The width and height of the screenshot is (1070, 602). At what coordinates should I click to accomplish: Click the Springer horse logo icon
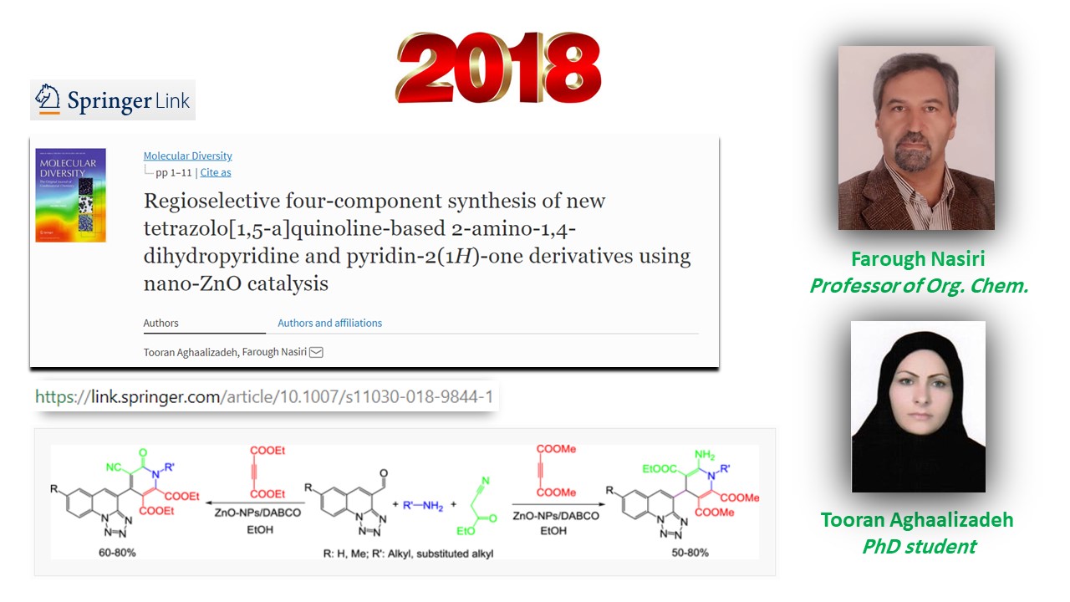coord(48,99)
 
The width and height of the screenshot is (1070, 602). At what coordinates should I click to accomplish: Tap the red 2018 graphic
coord(498,68)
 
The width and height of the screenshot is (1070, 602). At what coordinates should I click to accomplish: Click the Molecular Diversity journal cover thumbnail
coord(71,195)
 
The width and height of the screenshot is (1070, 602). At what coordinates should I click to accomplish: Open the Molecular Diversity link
coord(188,156)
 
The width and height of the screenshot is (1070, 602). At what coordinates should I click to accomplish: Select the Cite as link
coord(216,172)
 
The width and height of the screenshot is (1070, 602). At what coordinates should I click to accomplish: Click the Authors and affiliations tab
coord(329,323)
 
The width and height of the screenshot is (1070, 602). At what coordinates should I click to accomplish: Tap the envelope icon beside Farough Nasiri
coord(316,352)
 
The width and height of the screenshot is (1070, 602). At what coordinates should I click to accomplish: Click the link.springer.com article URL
coord(263,396)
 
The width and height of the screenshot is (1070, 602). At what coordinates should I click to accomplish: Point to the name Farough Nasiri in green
coord(918,258)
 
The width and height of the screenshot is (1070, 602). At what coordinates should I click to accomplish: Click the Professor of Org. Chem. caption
coord(919,286)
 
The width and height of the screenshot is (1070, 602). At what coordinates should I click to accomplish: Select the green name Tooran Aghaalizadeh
coord(917,519)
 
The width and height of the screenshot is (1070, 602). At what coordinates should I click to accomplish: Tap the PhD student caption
coord(919,546)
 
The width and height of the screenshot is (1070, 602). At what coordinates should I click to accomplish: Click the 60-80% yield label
coord(117,553)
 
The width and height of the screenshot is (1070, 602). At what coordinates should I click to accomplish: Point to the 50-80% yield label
coord(690,553)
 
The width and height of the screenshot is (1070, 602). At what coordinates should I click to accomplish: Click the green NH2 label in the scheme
coord(705,455)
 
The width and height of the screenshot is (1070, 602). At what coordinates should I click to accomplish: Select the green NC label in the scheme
coord(114,467)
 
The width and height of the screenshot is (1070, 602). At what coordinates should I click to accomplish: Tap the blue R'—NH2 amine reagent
coord(423,506)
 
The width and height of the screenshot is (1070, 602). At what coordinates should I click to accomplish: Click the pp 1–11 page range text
coord(173,172)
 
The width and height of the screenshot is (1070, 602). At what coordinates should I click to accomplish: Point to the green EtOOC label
coord(660,469)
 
